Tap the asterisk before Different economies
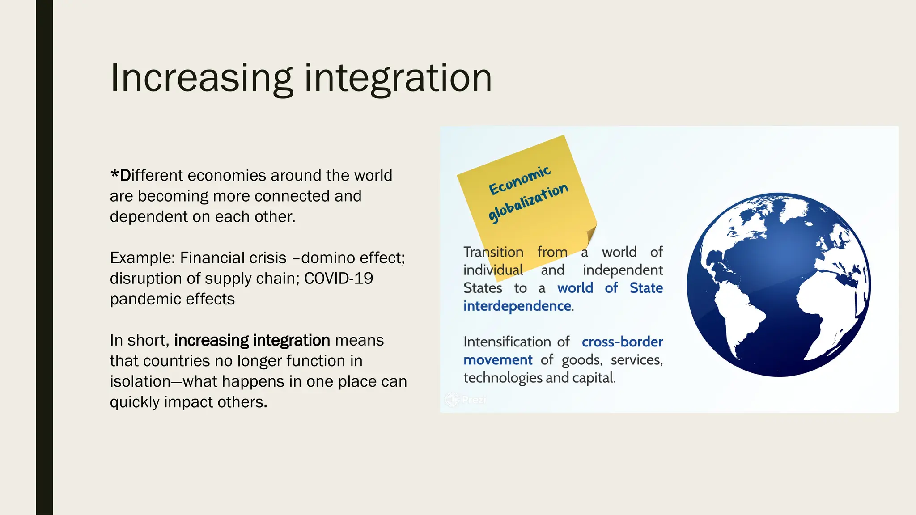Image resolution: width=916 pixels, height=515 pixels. (114, 173)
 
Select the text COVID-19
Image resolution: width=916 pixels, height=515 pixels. (339, 279)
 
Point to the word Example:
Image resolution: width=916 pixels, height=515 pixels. (143, 258)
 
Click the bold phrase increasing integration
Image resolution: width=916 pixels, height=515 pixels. (252, 341)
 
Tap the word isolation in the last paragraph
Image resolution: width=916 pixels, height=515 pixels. (140, 382)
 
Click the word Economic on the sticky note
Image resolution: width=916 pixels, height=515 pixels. (520, 180)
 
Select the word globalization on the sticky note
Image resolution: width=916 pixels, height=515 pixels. (528, 203)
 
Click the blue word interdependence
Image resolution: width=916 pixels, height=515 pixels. (517, 306)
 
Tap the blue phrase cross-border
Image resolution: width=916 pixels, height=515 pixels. (622, 342)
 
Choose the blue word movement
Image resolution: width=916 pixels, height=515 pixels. (498, 360)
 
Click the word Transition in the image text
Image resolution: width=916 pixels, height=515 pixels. (493, 252)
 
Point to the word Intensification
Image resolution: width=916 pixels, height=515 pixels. (507, 342)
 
